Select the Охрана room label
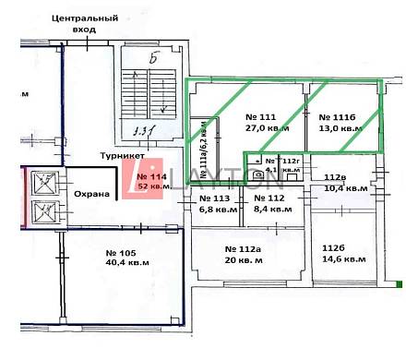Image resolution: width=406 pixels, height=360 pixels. [x=92, y=194]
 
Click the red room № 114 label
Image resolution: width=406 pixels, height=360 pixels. [x=151, y=176]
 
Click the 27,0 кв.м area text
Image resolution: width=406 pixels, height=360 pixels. [x=267, y=129]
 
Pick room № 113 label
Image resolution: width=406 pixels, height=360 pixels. [x=214, y=198]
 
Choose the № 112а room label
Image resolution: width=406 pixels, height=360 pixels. [x=245, y=249]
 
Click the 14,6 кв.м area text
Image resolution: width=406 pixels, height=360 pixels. [x=340, y=260]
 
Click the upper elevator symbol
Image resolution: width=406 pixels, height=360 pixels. [x=43, y=182]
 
